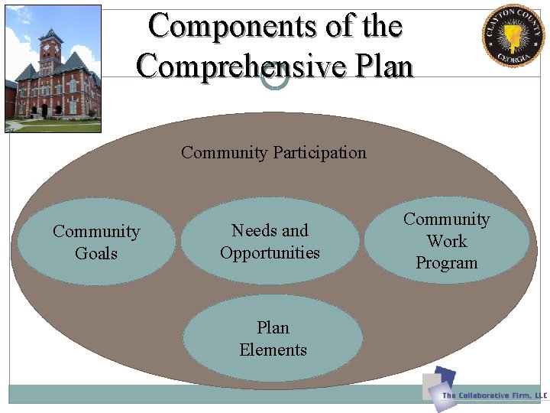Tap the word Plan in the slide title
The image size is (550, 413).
[382, 66]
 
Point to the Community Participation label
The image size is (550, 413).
[273, 152]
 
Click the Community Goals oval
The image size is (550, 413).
[96, 242]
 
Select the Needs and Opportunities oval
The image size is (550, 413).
[270, 241]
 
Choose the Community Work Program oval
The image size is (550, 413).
[446, 240]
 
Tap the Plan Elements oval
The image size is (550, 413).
[273, 338]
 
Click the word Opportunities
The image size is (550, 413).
[270, 252]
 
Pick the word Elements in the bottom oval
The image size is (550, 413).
[273, 350]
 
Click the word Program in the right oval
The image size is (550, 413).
[446, 262]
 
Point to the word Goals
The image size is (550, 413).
[96, 253]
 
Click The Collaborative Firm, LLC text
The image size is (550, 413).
[495, 395]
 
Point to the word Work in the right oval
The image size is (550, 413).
[446, 241]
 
